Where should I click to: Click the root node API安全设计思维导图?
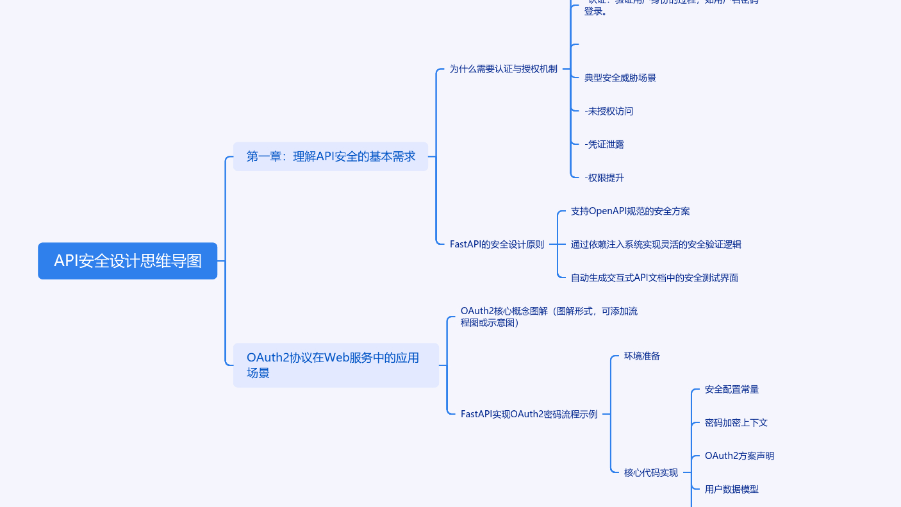tap(128, 261)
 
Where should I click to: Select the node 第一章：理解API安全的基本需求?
tap(331, 156)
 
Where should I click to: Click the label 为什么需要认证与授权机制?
tap(503, 69)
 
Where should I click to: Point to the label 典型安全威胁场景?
tap(620, 78)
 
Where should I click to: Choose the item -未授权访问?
tap(609, 112)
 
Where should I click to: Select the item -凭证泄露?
tap(604, 145)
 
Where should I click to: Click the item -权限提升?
tap(604, 178)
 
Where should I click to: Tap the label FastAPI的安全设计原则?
tap(497, 244)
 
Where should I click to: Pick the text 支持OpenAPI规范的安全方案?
tap(630, 211)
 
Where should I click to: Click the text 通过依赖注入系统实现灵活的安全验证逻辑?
tap(656, 244)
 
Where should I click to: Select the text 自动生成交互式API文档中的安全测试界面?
tap(654, 278)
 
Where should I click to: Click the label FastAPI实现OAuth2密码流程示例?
tap(529, 414)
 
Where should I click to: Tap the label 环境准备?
tap(641, 356)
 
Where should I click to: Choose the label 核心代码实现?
tap(650, 473)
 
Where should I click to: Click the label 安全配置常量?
tap(731, 389)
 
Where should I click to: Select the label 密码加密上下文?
tap(736, 422)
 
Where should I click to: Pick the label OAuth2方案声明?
tap(739, 456)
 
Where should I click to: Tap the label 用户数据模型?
tap(731, 489)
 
